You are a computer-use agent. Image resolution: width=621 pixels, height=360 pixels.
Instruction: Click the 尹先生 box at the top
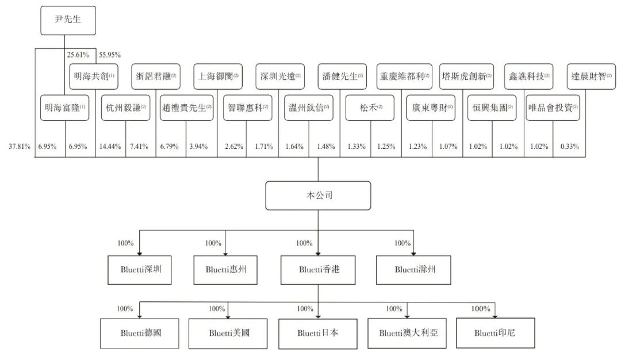pyautogui.click(x=68, y=21)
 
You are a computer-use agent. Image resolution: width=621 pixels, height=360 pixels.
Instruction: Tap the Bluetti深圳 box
pyautogui.click(x=141, y=269)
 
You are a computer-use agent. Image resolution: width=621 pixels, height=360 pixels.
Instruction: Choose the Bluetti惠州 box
pyautogui.click(x=225, y=269)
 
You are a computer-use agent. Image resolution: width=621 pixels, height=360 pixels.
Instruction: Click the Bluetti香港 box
pyautogui.click(x=318, y=269)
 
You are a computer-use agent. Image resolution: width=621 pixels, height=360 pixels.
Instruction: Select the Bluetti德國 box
pyautogui.click(x=141, y=332)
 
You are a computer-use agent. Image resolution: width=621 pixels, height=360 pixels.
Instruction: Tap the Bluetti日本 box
pyautogui.click(x=318, y=332)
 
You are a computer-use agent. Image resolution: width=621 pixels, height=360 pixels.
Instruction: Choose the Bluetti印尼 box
pyautogui.click(x=494, y=332)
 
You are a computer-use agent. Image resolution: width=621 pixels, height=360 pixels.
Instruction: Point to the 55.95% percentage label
pyautogui.click(x=109, y=55)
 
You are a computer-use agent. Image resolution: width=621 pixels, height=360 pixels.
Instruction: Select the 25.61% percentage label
pyautogui.click(x=78, y=55)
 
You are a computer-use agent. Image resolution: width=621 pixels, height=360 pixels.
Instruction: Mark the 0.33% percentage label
pyautogui.click(x=569, y=147)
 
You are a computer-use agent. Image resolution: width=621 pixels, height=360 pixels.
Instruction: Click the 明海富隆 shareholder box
pyautogui.click(x=65, y=108)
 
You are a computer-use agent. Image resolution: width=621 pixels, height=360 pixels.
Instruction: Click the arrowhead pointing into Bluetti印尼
pyautogui.click(x=494, y=315)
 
